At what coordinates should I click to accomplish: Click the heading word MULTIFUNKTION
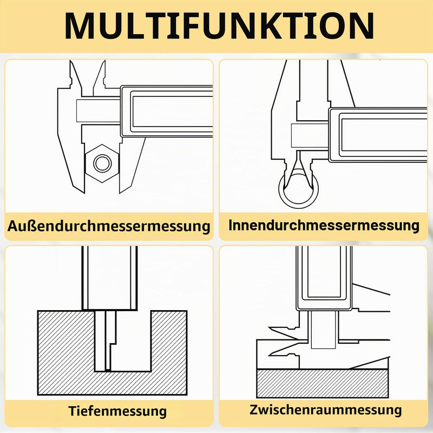[219, 26]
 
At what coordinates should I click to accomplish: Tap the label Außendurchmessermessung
[109, 226]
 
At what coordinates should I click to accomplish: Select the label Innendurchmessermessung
[324, 225]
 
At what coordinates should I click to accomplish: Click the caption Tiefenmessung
[117, 411]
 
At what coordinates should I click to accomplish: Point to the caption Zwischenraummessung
[326, 410]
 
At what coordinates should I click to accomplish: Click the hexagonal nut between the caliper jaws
[102, 163]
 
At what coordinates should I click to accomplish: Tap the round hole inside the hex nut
[102, 163]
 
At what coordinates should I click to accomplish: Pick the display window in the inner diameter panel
[384, 135]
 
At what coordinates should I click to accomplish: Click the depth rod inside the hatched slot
[110, 341]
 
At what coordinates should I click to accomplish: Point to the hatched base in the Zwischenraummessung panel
[322, 384]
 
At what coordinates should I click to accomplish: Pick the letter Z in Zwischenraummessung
[254, 410]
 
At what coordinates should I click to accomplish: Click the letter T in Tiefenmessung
[73, 411]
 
